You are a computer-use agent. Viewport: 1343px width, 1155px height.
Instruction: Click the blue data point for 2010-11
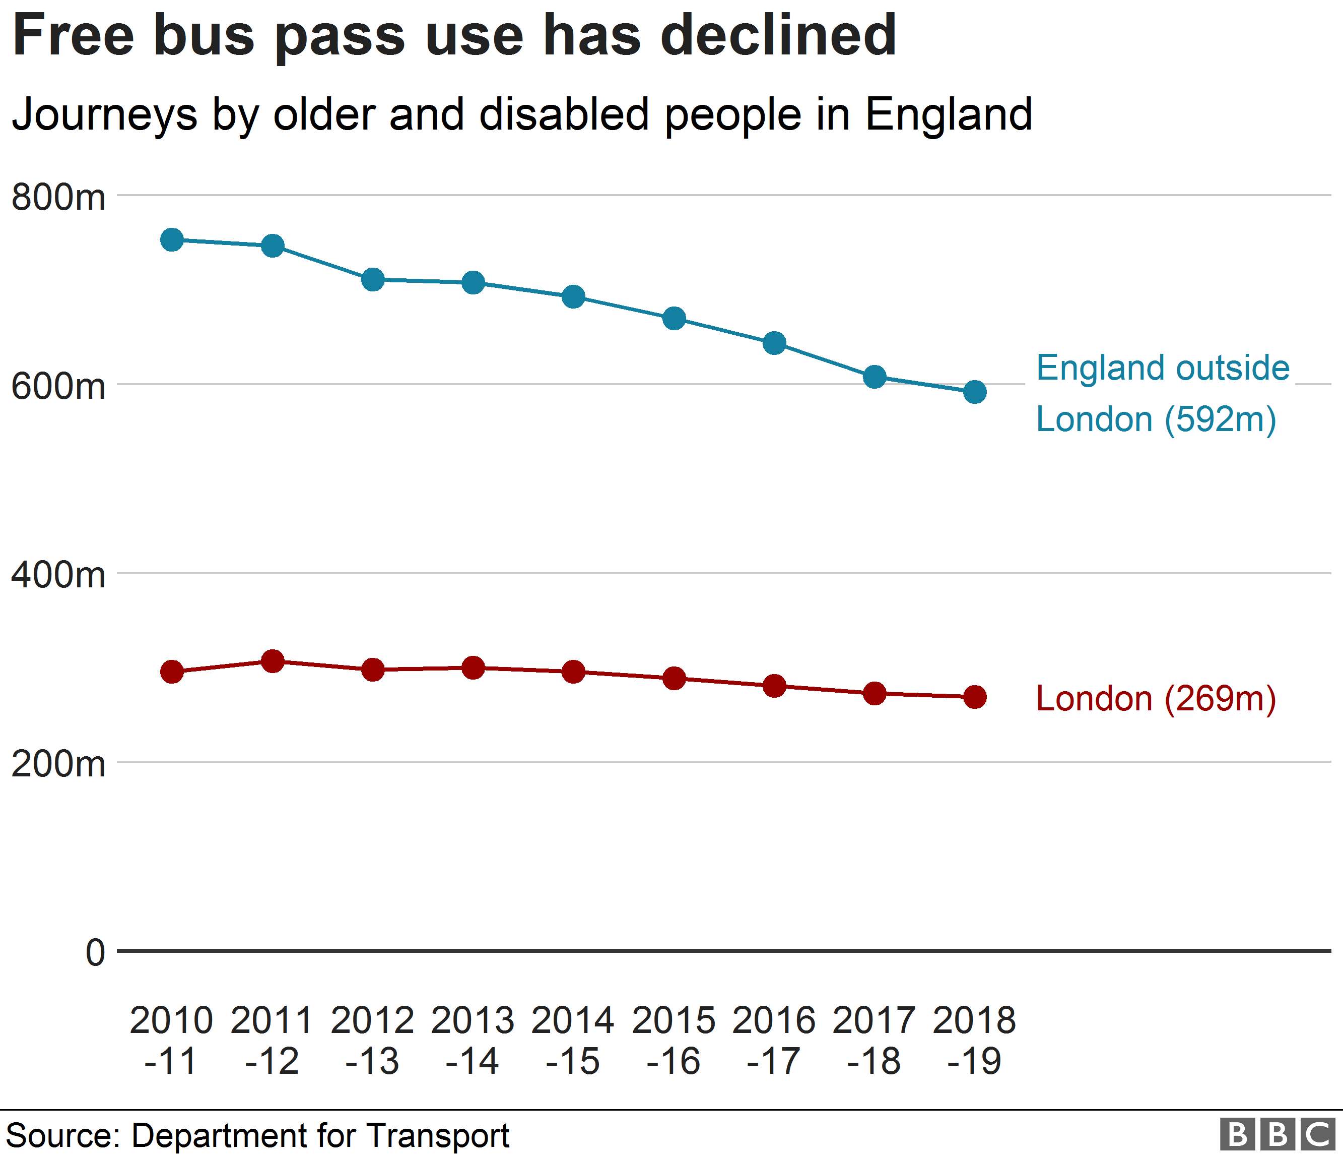coord(172,240)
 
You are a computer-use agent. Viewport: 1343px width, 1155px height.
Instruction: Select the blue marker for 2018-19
coord(975,392)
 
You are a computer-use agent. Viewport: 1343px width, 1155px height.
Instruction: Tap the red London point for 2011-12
coord(272,661)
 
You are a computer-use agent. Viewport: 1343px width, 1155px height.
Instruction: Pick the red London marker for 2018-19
coord(975,697)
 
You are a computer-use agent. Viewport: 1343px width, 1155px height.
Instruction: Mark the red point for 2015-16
coord(674,679)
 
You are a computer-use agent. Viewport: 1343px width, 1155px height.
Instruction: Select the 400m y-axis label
coord(58,575)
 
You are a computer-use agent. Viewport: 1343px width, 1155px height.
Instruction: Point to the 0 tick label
coord(95,953)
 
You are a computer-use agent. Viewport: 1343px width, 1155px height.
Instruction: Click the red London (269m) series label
coord(1156,699)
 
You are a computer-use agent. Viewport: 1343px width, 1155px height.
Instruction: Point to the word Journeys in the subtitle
coord(105,115)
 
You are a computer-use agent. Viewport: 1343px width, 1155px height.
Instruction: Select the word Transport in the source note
coord(438,1135)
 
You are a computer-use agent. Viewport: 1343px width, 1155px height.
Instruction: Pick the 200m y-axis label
coord(58,764)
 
